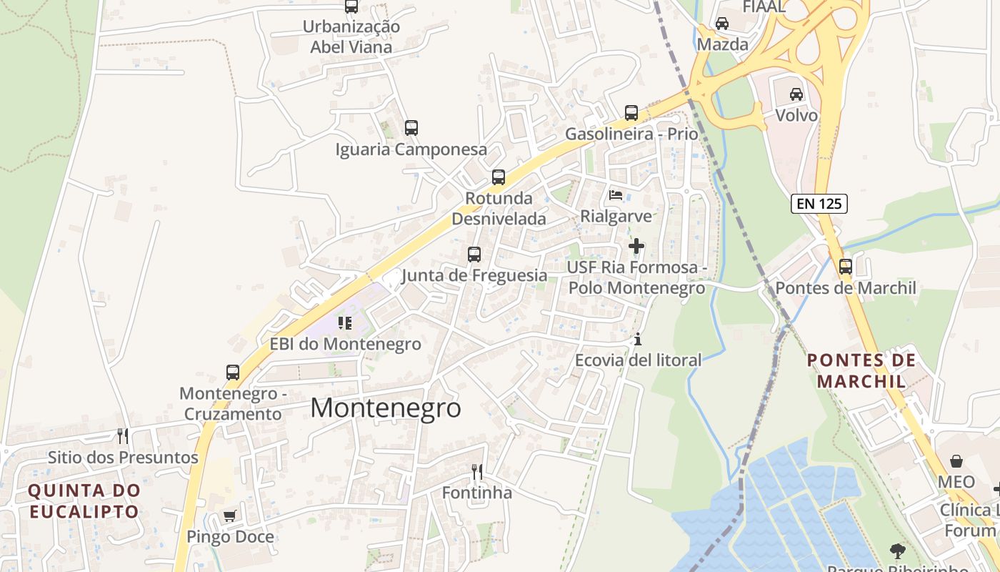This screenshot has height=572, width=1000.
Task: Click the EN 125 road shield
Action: point(819,204)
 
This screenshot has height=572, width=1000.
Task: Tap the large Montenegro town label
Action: point(386,408)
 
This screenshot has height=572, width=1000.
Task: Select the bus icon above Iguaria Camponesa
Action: point(411,128)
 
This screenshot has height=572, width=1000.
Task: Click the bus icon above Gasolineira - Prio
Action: point(631,112)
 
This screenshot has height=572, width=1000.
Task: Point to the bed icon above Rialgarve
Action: point(616,194)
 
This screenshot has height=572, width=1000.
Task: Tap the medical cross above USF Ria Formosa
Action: point(636,246)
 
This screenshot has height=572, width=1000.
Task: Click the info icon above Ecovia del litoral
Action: point(638,339)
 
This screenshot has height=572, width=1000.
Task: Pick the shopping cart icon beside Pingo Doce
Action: point(229,516)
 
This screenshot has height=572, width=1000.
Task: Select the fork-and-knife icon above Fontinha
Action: point(477,471)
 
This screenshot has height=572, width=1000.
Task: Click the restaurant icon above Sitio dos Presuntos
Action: point(123,435)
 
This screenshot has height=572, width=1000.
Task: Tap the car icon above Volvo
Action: point(796,94)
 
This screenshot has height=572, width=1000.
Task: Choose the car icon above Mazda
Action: point(722,23)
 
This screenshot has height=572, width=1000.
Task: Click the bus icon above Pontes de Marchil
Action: point(846,267)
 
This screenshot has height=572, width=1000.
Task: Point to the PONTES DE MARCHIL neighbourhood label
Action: point(861,370)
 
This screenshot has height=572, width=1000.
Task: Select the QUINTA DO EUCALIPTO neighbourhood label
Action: point(84,501)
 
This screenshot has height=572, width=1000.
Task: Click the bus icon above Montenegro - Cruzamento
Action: point(233,372)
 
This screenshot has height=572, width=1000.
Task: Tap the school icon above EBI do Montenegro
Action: point(346,322)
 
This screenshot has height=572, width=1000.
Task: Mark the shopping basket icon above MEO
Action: point(956,461)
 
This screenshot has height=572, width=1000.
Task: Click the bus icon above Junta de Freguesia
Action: point(474,254)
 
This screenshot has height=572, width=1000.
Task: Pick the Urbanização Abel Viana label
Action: point(351,36)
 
